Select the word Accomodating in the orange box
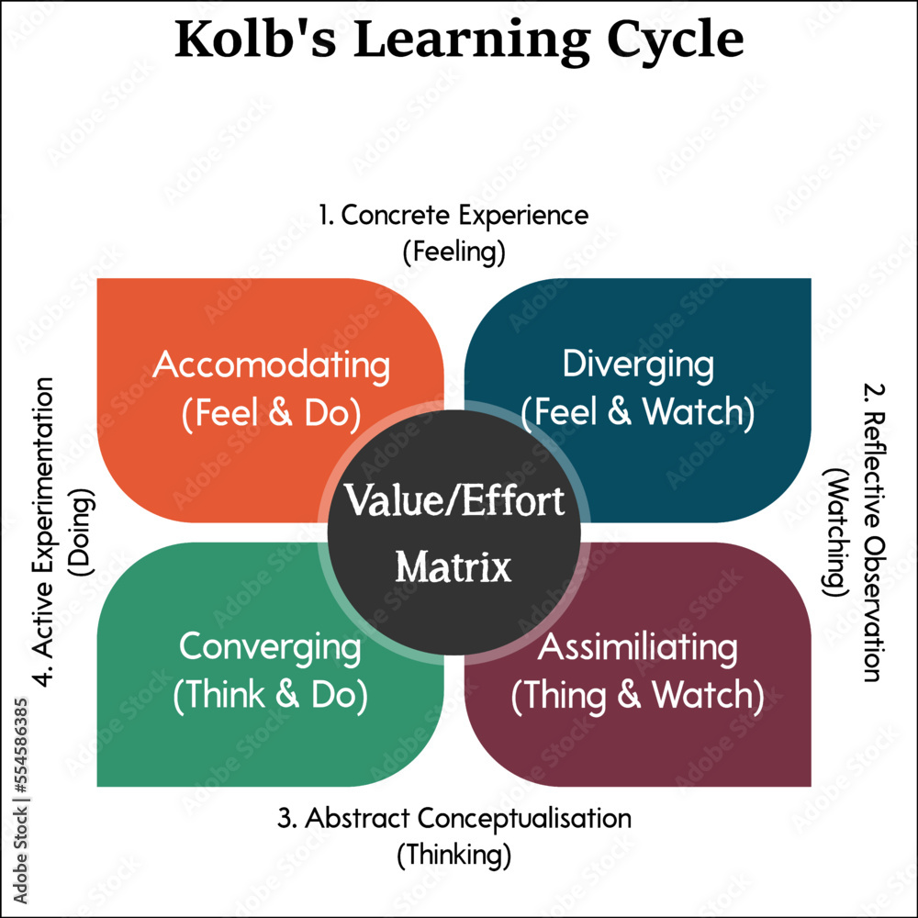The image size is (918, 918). tap(271, 365)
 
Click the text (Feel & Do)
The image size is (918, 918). tap(271, 413)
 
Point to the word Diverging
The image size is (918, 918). tap(638, 365)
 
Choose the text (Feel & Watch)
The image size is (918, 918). tap(638, 413)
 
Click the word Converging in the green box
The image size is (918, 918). tap(271, 647)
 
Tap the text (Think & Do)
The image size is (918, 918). tap(271, 695)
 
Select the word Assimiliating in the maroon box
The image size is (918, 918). tap(638, 647)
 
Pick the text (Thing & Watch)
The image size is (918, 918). tap(638, 695)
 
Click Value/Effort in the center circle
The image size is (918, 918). tap(454, 503)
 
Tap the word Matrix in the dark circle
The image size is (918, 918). tap(453, 566)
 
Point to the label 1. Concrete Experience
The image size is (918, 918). tap(453, 217)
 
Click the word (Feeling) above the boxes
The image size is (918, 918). tap(453, 252)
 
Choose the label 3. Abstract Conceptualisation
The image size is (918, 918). tap(453, 818)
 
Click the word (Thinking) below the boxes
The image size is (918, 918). tap(453, 856)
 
